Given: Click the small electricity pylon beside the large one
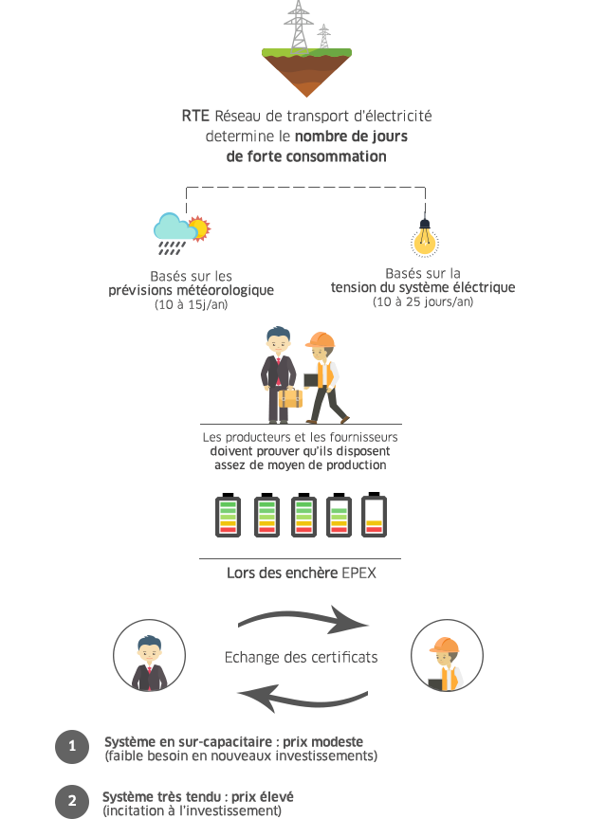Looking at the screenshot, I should tap(324, 36).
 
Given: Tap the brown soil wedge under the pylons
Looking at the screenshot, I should tap(306, 74).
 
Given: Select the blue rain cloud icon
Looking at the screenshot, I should tap(173, 229).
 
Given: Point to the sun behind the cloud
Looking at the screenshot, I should tap(198, 227).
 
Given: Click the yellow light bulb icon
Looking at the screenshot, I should tap(425, 237).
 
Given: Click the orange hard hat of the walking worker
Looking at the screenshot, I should tap(321, 341).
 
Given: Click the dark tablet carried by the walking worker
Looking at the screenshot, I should tap(310, 379).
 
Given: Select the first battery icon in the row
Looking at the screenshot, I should tap(228, 515).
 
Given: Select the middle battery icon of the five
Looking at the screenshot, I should tap(303, 515).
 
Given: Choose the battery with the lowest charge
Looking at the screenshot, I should tap(374, 515).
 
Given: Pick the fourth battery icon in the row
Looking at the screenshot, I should tap(339, 515).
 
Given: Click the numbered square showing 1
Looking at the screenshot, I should tap(72, 746).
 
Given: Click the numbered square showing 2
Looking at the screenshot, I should tap(72, 801).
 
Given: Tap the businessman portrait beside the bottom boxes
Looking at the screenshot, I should tap(149, 656).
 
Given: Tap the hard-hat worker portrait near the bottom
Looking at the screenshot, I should tap(445, 656).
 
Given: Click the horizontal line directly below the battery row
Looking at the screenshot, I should tap(299, 558).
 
